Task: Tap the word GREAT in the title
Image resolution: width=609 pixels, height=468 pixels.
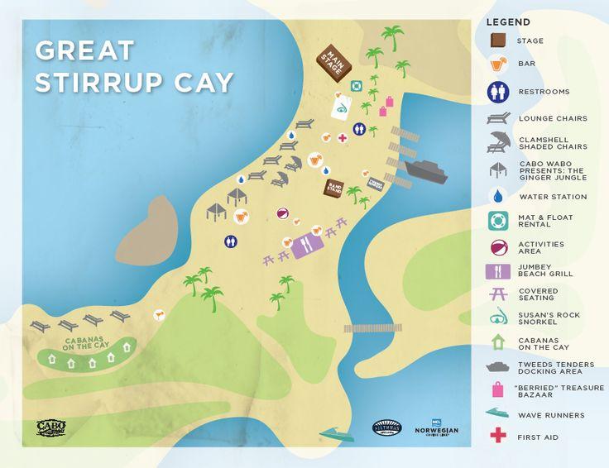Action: coord(84,50)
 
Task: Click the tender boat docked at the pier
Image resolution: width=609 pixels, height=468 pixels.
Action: coord(426,172)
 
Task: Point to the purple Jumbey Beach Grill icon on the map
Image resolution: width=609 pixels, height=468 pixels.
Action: coord(305,246)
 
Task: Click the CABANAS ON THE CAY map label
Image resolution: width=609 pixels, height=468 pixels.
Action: coord(85,345)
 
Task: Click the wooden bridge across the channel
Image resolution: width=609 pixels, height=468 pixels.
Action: coord(377,327)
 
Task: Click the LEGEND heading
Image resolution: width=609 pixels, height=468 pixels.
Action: coord(508,21)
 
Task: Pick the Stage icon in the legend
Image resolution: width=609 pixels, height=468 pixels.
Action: coord(498,41)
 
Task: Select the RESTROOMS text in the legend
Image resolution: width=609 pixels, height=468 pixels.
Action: coord(543,92)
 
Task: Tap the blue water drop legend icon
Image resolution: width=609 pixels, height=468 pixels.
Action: coord(498,197)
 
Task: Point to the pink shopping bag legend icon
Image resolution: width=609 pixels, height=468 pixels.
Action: coord(498,389)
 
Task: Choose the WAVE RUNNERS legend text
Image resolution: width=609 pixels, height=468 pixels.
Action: coord(551,415)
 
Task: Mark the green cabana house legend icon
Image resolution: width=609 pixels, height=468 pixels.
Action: coord(498,341)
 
